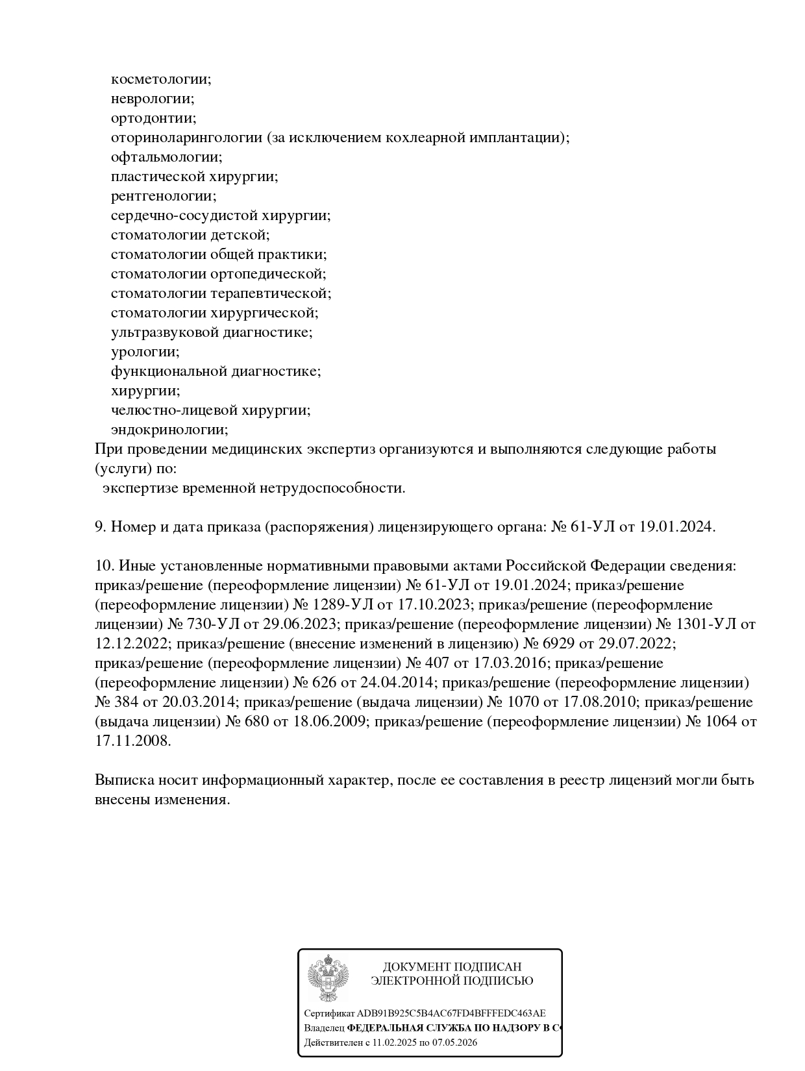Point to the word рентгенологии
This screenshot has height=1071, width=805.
pos(164,196)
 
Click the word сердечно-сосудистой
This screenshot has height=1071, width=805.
pos(185,215)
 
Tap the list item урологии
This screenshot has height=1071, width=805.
pos(145,352)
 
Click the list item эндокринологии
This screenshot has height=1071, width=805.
pos(169,430)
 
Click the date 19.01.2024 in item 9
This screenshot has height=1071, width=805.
pos(677,527)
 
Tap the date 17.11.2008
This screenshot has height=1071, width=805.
pos(133,741)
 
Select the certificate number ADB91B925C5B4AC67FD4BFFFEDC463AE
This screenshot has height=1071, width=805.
pos(451,1013)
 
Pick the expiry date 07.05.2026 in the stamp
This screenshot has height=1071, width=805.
pos(453,1042)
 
